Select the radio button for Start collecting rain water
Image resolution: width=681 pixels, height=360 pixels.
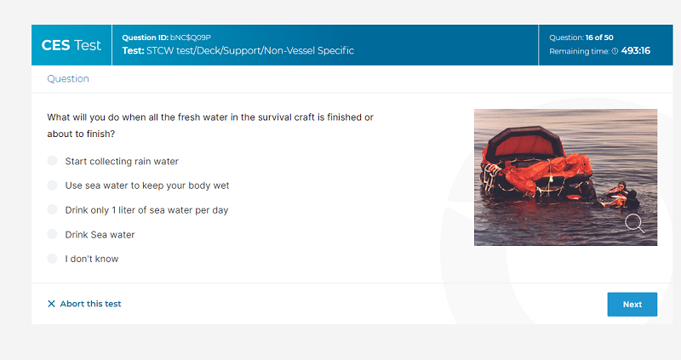[x=52, y=161]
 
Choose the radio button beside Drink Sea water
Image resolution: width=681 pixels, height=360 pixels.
[x=52, y=234]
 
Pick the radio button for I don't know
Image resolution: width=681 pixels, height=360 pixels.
[x=52, y=259]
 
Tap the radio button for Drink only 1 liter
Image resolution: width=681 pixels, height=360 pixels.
[x=52, y=209]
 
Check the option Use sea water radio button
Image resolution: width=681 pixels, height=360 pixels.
[x=52, y=185]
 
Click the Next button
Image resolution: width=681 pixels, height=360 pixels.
[x=632, y=305]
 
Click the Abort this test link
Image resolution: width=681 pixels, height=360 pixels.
[x=90, y=304]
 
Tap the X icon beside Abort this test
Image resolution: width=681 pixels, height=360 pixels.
[x=51, y=304]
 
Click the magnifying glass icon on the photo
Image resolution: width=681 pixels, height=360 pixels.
[x=634, y=223]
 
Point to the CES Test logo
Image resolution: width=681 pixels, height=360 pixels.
[x=72, y=45]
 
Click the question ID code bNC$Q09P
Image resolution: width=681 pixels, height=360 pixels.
[x=190, y=37]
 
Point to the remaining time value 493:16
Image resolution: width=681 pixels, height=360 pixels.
[x=635, y=51]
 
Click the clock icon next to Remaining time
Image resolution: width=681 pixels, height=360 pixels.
[x=615, y=51]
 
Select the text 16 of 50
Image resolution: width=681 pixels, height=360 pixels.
[x=599, y=37]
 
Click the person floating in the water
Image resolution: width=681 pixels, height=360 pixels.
[x=621, y=196]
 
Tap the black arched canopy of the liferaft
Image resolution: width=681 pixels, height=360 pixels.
[x=524, y=141]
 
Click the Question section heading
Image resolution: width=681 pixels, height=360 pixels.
[x=68, y=78]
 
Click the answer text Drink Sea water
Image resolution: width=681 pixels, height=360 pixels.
[x=100, y=235]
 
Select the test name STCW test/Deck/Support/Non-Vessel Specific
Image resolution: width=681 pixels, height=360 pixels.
[x=250, y=51]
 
